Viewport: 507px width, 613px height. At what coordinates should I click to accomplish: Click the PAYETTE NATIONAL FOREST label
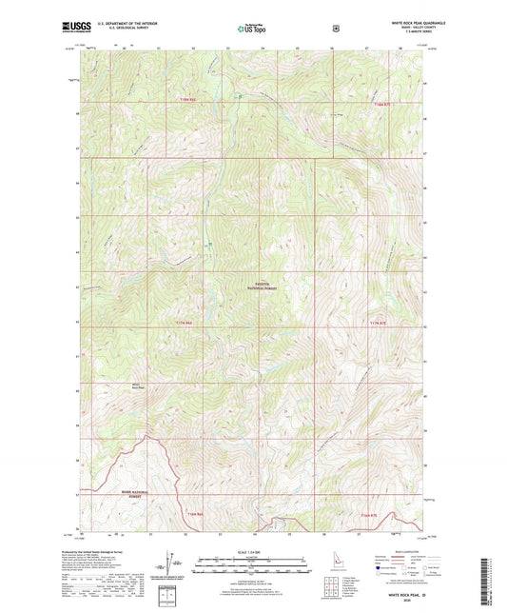pyautogui.click(x=257, y=283)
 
